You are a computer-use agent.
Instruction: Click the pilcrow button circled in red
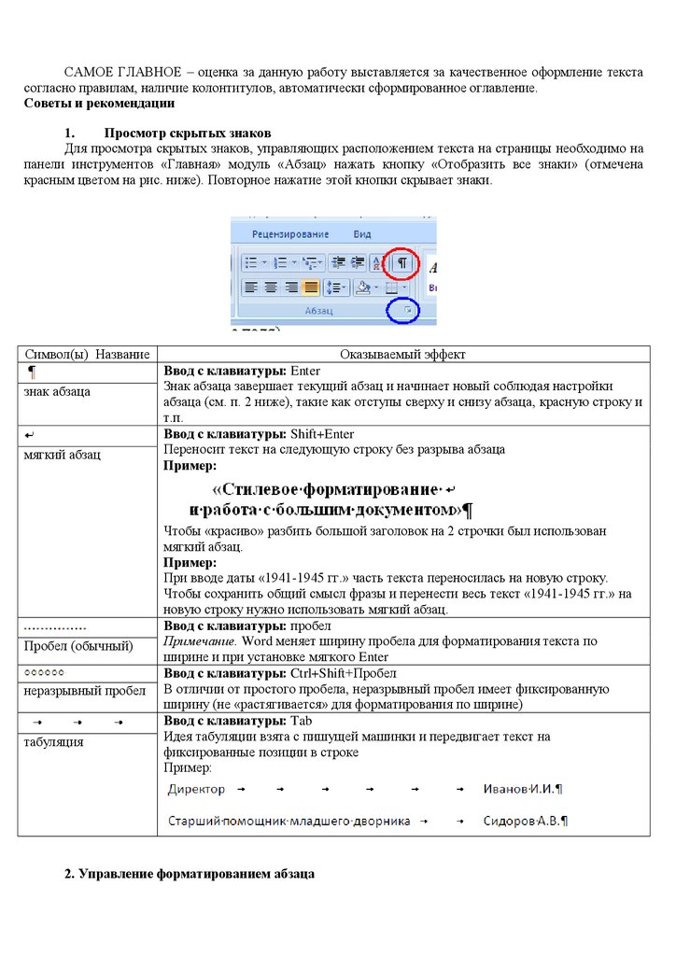point(401,263)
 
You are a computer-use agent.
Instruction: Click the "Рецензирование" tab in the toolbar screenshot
point(290,233)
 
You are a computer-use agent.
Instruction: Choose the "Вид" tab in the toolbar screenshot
point(362,233)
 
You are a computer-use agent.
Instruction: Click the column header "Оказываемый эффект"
point(402,355)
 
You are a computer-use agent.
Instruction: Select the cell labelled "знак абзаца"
point(57,391)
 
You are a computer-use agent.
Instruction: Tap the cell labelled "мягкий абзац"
point(62,454)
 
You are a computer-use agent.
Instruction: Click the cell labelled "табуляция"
point(53,742)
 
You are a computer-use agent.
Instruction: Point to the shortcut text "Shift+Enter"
point(322,434)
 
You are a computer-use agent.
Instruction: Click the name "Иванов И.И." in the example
point(519,790)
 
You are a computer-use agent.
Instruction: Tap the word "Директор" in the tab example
point(196,790)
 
